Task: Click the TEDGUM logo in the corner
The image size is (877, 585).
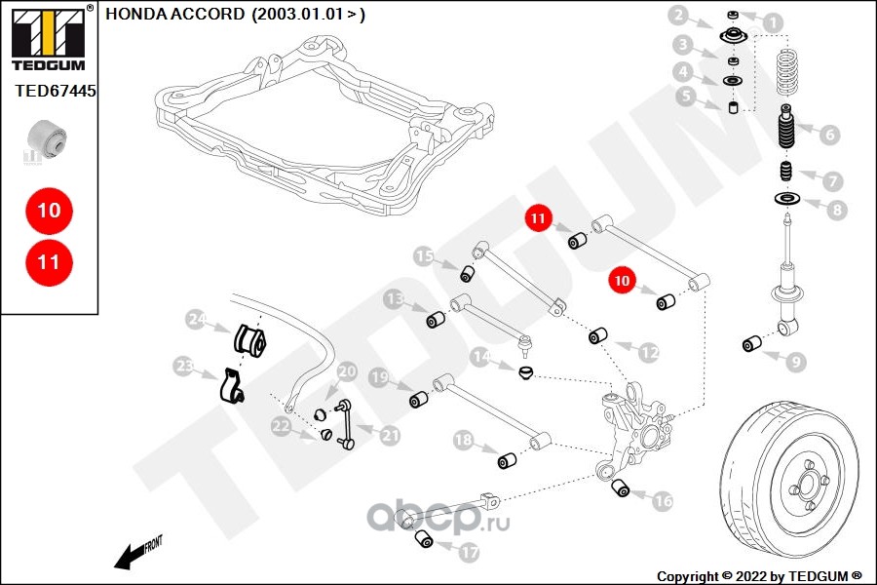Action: pos(49,38)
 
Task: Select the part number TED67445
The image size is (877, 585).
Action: pos(55,91)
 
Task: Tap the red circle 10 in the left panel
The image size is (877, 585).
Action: pos(50,211)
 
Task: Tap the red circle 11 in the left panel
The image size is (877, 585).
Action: pos(50,262)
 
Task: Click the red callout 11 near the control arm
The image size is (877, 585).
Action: pos(538,218)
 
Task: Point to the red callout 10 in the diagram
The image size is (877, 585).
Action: pos(623,281)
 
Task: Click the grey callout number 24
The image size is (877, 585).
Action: pos(197,319)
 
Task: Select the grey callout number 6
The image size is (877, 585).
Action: pos(829,135)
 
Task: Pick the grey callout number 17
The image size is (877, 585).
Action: pos(469,553)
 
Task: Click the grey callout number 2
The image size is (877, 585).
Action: pos(678,16)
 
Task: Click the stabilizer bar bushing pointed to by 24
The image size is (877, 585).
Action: pos(249,339)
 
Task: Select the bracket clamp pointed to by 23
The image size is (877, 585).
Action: pos(231,385)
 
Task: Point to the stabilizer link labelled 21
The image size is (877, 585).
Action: pos(346,424)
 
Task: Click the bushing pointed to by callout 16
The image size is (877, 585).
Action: pos(620,487)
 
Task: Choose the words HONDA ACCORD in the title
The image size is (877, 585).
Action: pos(175,14)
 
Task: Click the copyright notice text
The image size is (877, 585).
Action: pos(759,576)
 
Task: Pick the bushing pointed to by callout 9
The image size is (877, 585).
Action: pos(751,343)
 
